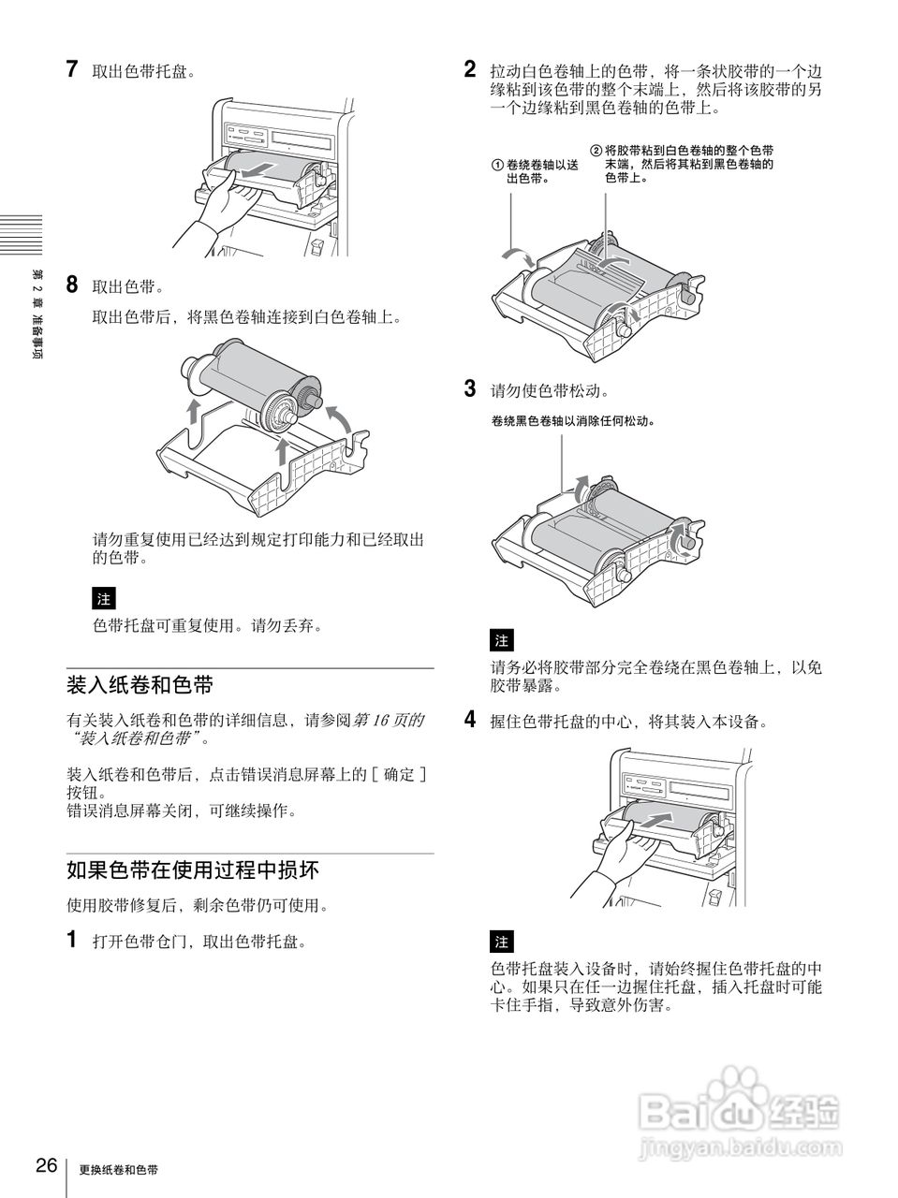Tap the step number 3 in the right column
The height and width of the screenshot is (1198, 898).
pyautogui.click(x=471, y=388)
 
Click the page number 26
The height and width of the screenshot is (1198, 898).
pyautogui.click(x=47, y=1166)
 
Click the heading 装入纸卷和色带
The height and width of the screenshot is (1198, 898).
pyautogui.click(x=140, y=685)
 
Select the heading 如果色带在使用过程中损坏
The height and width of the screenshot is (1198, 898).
pyautogui.click(x=193, y=870)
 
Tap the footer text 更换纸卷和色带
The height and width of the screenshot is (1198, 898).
pyautogui.click(x=119, y=1170)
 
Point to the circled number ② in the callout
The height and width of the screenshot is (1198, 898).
pyautogui.click(x=596, y=151)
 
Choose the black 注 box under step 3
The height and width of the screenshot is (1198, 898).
pyautogui.click(x=502, y=640)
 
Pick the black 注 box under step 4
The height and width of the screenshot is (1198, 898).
pyautogui.click(x=502, y=941)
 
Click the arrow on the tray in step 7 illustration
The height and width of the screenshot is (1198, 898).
pyautogui.click(x=258, y=168)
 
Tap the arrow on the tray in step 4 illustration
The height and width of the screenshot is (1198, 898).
pyautogui.click(x=657, y=818)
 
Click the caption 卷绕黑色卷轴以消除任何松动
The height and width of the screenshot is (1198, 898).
pyautogui.click(x=570, y=421)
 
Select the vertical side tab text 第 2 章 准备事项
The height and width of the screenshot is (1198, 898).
pyautogui.click(x=37, y=318)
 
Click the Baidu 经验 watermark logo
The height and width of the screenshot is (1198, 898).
pyautogui.click(x=740, y=1111)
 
